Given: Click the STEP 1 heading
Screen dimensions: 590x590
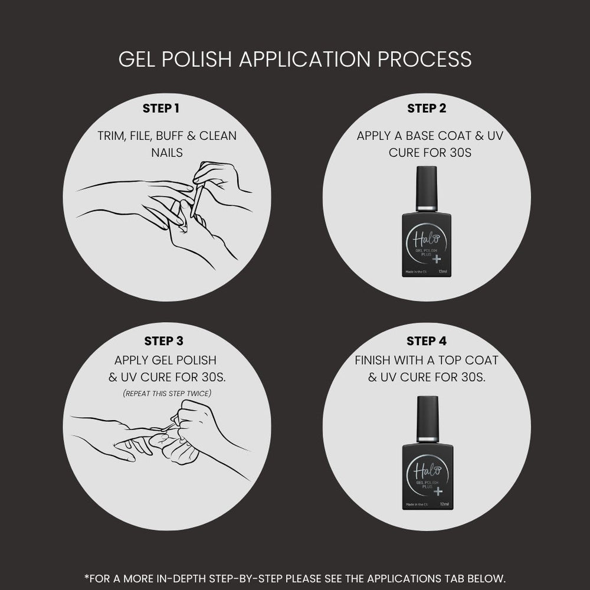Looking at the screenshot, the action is click(x=160, y=109).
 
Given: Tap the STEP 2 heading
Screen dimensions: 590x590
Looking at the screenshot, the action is click(x=427, y=109).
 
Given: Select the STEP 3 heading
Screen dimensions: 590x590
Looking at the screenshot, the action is click(x=163, y=341).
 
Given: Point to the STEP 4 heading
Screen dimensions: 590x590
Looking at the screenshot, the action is click(x=427, y=341).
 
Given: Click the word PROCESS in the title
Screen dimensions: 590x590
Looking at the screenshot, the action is click(x=424, y=59).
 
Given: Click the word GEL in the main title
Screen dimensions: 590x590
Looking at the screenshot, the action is click(x=137, y=59).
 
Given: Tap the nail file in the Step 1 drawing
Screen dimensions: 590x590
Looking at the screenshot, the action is click(x=197, y=201).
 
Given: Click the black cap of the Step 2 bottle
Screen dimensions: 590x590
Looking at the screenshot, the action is click(x=427, y=187).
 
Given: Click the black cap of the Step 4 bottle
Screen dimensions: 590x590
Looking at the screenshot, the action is click(x=427, y=417).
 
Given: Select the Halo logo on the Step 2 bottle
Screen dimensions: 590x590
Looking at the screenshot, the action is click(x=426, y=238).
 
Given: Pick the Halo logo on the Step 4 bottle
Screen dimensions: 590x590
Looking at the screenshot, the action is click(x=427, y=470).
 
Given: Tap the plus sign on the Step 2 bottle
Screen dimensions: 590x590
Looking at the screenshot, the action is click(x=437, y=259).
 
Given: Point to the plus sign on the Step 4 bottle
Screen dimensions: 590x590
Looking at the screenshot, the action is click(x=438, y=491).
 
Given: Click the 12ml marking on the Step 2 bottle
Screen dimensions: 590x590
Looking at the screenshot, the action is click(x=443, y=271).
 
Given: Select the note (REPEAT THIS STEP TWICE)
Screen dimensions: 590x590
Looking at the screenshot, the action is click(x=167, y=394).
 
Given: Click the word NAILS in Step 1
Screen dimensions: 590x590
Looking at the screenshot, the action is click(x=167, y=153).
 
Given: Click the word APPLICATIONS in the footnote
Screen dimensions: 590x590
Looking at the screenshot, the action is click(x=404, y=578).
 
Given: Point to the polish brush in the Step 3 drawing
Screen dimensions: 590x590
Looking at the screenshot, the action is click(x=168, y=427).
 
